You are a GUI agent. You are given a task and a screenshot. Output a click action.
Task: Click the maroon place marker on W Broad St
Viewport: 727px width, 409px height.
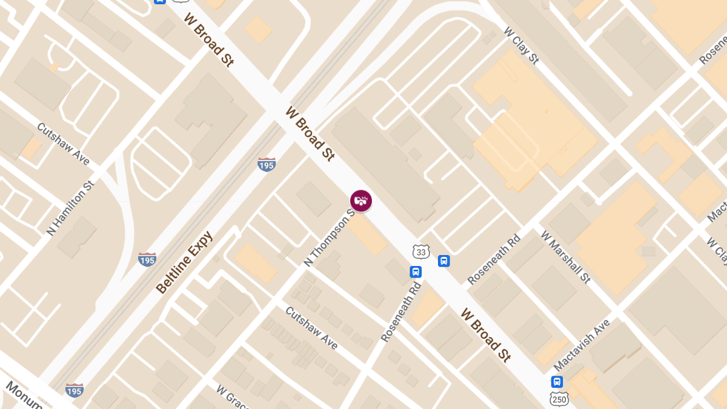[x=361, y=201]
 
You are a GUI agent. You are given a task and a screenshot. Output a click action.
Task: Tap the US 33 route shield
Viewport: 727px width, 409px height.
[x=420, y=251]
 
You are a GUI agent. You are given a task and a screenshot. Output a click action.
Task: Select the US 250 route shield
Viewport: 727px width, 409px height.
[x=559, y=398]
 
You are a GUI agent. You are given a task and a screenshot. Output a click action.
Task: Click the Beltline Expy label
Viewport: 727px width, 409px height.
[x=184, y=262]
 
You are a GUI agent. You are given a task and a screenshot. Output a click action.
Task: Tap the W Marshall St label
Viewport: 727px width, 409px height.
[x=565, y=256]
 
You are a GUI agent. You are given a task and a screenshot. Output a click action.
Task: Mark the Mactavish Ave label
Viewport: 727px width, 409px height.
[x=582, y=345]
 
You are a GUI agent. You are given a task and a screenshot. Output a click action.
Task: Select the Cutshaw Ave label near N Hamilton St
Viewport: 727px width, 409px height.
[x=64, y=144]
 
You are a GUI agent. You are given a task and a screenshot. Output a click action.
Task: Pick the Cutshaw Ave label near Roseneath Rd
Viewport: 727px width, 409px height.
[x=311, y=327]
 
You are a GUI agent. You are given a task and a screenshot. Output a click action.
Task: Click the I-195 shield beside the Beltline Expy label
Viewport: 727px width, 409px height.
[x=147, y=259]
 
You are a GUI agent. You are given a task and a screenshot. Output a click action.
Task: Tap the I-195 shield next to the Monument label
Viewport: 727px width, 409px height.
[x=75, y=390]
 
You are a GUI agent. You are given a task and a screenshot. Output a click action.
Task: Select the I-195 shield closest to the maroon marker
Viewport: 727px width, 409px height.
[x=267, y=164]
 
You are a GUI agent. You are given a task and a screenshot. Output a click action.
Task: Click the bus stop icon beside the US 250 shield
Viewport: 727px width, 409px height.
[x=557, y=382]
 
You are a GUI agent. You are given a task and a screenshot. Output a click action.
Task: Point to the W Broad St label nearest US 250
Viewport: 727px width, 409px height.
[x=485, y=334]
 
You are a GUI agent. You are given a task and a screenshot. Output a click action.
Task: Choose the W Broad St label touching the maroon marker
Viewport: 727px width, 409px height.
[x=310, y=133]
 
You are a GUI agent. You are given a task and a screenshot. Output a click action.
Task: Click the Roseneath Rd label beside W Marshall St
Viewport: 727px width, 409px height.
[x=494, y=259]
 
